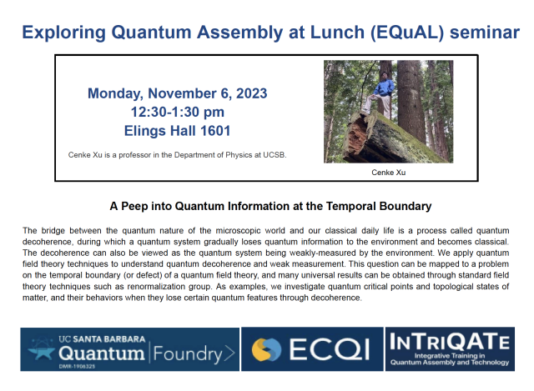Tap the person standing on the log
pos(383,90)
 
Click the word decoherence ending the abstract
pos(331,298)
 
